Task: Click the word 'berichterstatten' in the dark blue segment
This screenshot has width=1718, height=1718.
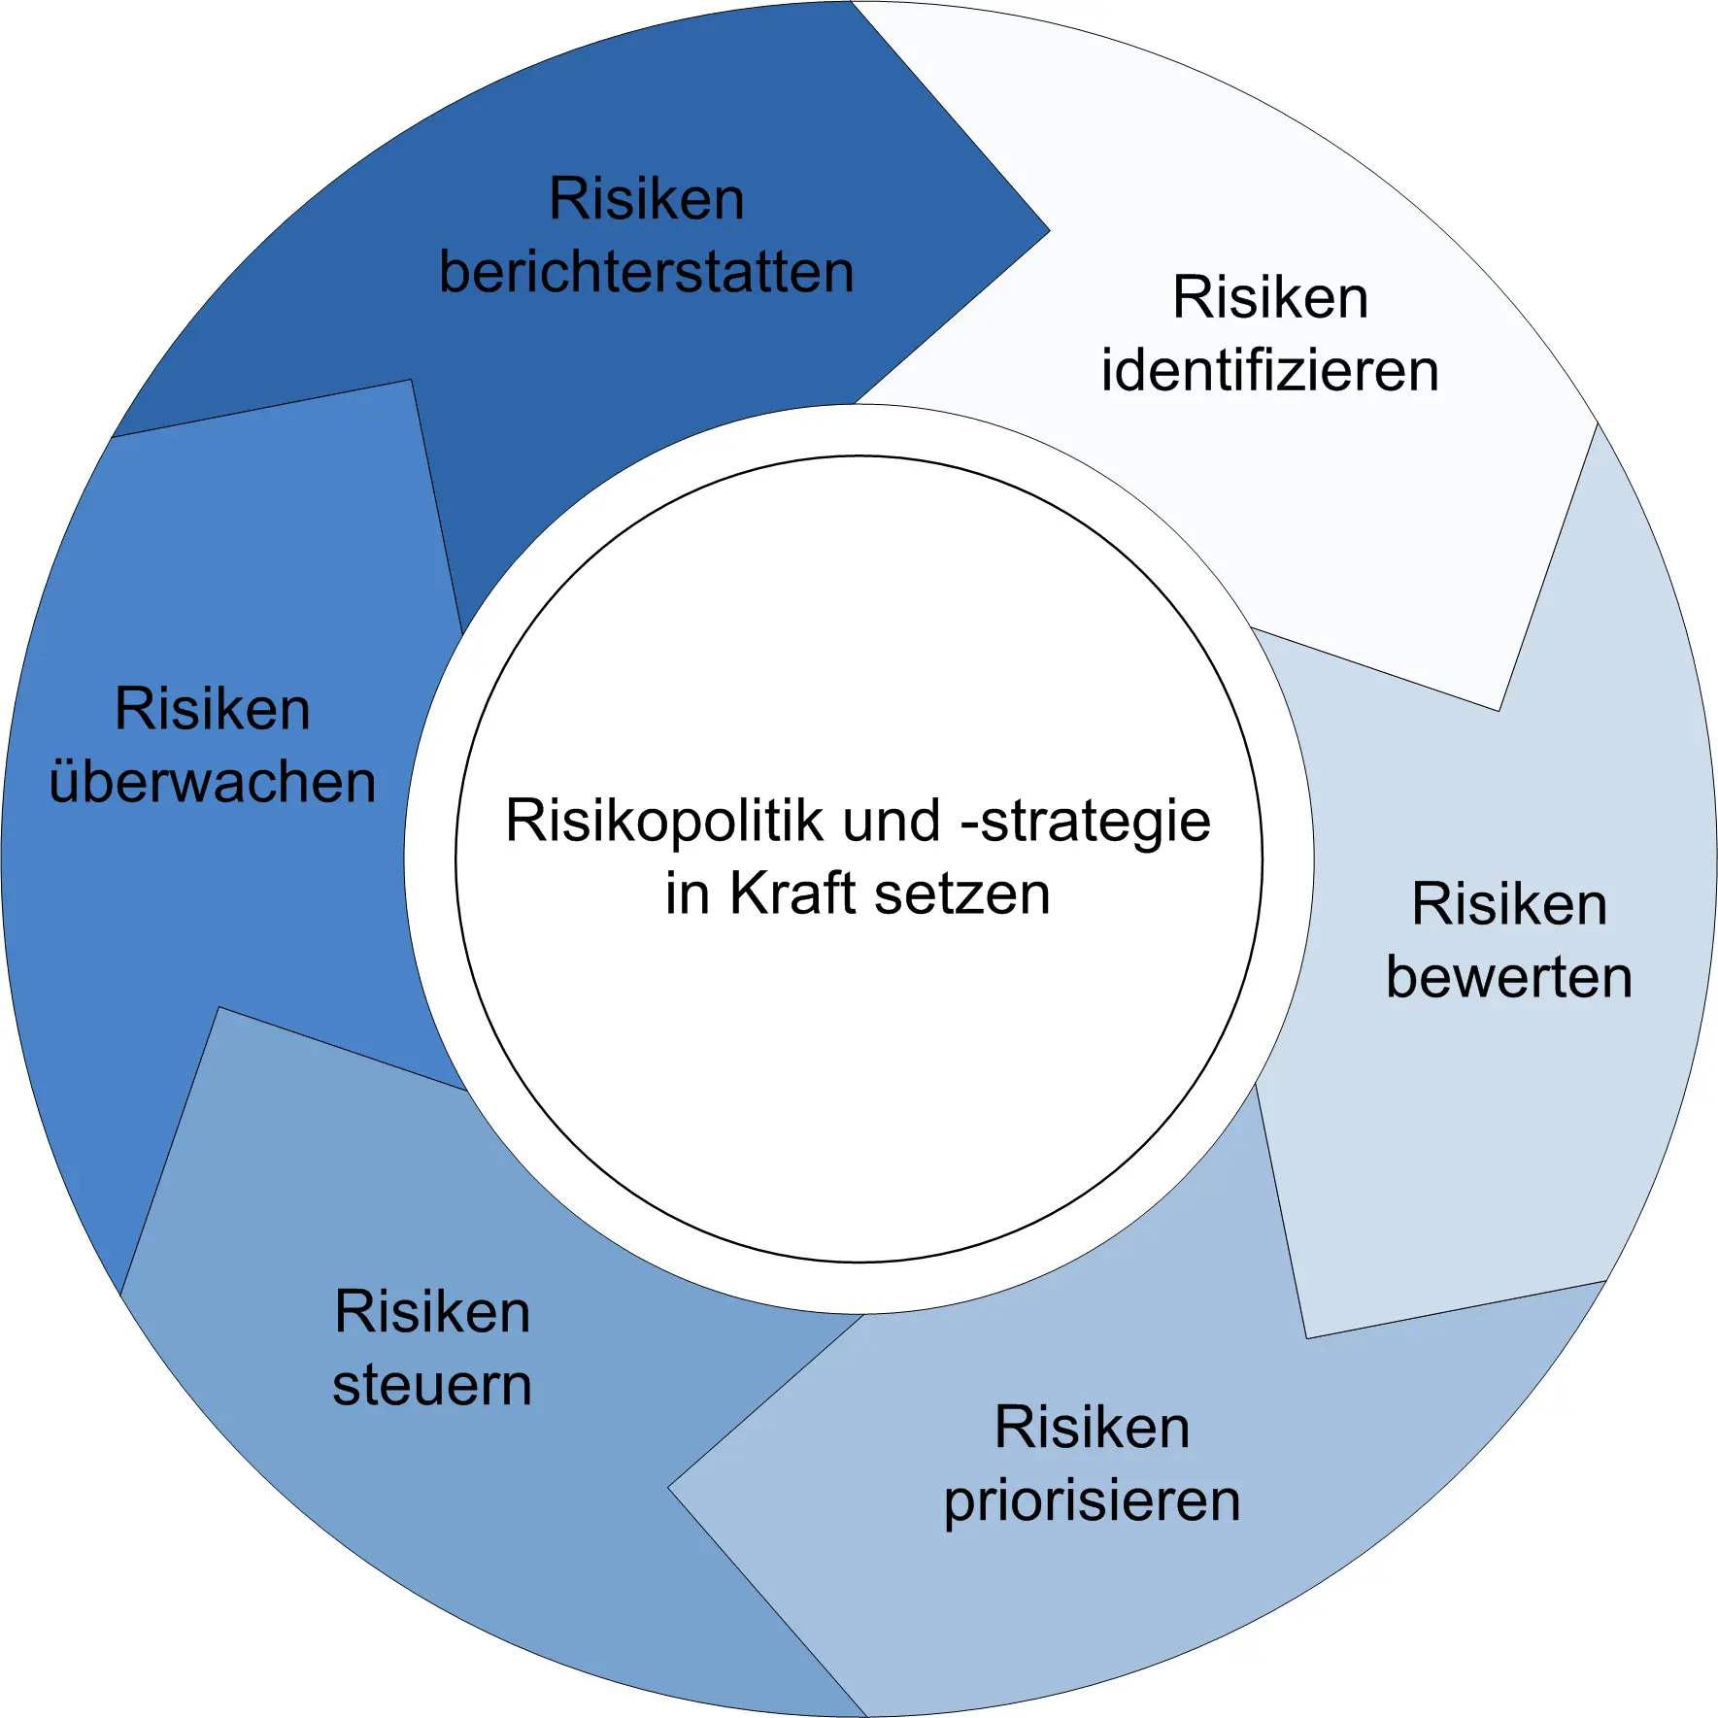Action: click(x=646, y=272)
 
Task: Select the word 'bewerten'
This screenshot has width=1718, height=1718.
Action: click(x=1508, y=977)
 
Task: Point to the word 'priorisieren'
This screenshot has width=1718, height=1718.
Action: click(x=1092, y=1501)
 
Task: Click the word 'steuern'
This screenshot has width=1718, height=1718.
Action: click(x=432, y=1385)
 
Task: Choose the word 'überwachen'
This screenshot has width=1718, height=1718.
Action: click(x=213, y=782)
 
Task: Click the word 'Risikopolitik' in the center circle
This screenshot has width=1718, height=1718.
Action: click(x=664, y=821)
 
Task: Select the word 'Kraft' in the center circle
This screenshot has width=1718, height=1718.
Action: click(x=792, y=893)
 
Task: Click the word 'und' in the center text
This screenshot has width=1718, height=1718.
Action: click(x=891, y=821)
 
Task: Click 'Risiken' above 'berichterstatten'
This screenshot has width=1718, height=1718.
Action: click(x=646, y=199)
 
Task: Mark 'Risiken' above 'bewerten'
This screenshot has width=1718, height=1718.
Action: click(x=1508, y=904)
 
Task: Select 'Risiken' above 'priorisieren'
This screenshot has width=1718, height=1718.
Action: click(x=1092, y=1428)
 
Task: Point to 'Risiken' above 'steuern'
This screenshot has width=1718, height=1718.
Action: click(x=432, y=1312)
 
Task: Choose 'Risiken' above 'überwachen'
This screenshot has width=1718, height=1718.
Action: click(x=213, y=709)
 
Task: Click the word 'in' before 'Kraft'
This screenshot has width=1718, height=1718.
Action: click(x=688, y=893)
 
